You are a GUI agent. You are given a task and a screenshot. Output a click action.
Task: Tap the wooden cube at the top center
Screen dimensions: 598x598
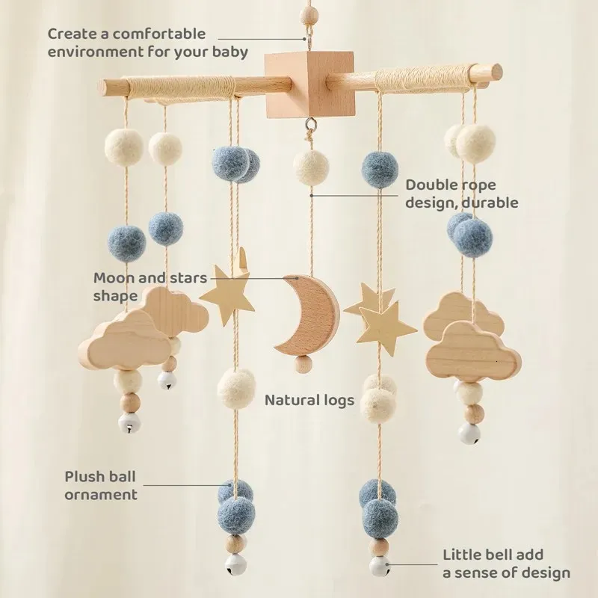[309, 84]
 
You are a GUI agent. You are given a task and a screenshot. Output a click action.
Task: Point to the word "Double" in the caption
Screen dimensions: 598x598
[431, 185]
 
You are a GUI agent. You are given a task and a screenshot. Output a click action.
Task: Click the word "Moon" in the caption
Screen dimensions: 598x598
[114, 277]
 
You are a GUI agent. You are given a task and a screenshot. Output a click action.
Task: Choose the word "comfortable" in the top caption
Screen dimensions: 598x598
[159, 34]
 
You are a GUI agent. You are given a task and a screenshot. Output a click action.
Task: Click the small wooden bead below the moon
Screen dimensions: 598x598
[303, 363]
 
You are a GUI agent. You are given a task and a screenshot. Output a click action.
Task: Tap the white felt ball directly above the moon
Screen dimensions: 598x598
[311, 167]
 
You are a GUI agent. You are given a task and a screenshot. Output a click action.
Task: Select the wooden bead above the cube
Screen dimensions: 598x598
[309, 15]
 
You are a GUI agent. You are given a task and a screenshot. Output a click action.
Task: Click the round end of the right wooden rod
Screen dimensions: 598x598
[496, 70]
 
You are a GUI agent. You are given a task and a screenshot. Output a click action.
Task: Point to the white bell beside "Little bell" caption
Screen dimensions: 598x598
[380, 566]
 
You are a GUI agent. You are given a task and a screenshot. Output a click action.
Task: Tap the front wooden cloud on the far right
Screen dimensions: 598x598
[473, 352]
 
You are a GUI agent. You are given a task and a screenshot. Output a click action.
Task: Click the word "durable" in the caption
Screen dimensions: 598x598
[490, 202]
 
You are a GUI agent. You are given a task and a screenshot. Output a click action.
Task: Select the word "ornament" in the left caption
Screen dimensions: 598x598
[101, 495]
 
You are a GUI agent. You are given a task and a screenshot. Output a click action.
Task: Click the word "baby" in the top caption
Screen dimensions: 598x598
[230, 52]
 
